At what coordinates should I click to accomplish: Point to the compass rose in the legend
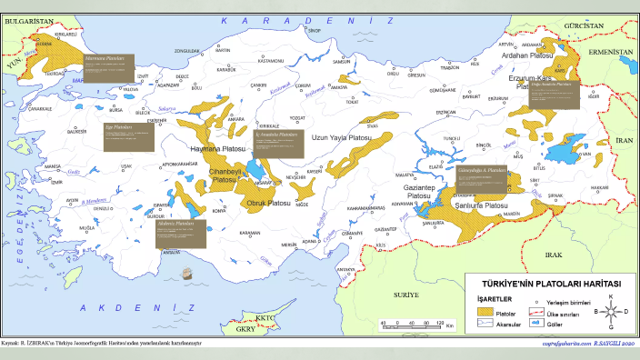pos(611,312)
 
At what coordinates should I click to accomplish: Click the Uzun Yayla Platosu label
pos(342,137)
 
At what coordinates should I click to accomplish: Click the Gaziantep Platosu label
pos(417,190)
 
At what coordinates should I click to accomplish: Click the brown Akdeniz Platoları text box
pos(207,231)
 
